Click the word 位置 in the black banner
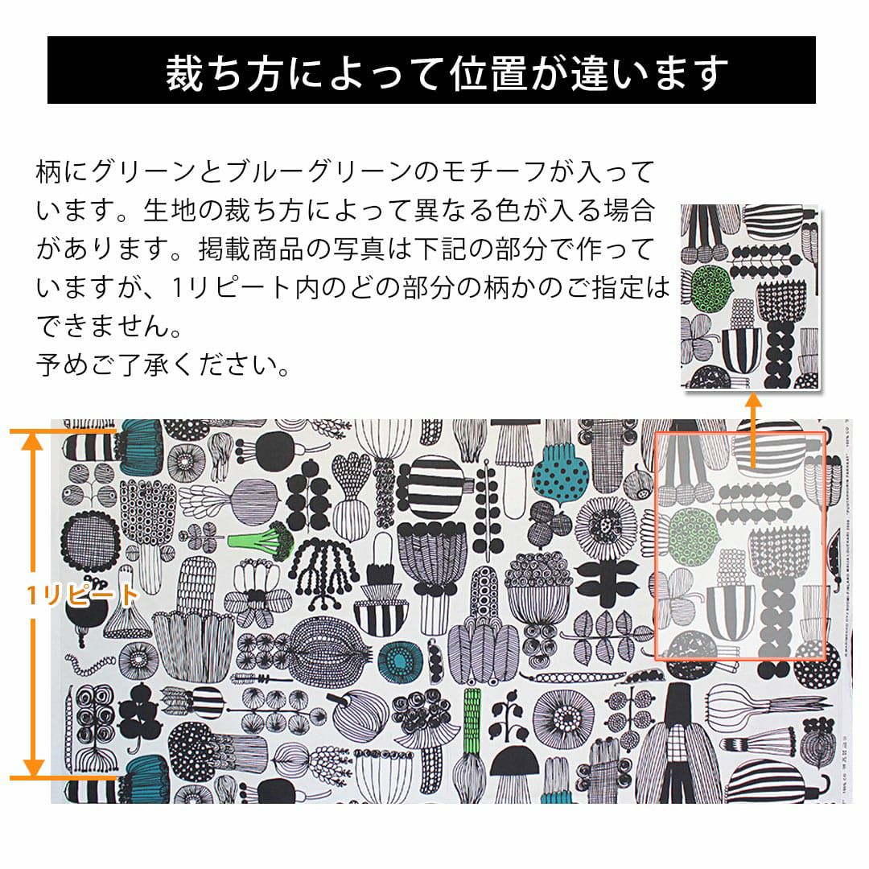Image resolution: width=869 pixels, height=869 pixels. tap(487, 73)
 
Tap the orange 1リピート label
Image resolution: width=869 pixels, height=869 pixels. tap(82, 595)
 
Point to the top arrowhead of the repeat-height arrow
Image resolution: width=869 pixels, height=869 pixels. tap(33, 441)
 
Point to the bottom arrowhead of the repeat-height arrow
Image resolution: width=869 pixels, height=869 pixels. tap(33, 768)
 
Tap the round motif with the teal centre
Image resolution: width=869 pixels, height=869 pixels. tap(398, 660)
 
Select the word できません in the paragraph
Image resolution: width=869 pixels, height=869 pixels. tap(102, 326)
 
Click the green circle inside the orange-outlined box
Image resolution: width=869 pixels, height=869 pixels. tap(693, 535)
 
